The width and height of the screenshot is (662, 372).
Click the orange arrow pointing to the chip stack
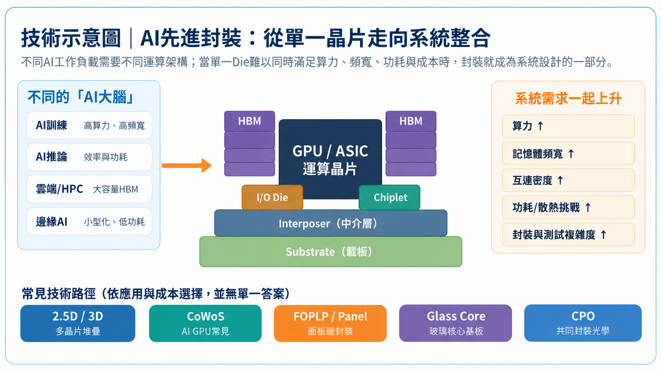tap(187, 165)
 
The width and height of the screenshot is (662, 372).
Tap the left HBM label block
tap(250, 121)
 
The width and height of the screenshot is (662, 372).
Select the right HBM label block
tap(411, 121)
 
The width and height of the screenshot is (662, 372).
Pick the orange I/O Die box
tap(272, 197)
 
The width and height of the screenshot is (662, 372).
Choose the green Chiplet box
tap(390, 197)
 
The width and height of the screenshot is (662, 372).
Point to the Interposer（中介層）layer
tap(331, 223)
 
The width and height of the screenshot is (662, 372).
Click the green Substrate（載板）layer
tap(331, 252)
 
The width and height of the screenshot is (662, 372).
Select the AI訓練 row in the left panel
tap(89, 125)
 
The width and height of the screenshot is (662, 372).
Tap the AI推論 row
tap(89, 157)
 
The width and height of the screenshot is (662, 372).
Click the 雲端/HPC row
tap(89, 189)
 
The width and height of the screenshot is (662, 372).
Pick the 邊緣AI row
tap(89, 222)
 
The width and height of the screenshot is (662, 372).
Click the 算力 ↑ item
tap(568, 126)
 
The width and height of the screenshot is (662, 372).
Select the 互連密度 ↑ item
tap(568, 180)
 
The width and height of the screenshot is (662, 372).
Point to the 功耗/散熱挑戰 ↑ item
tap(568, 207)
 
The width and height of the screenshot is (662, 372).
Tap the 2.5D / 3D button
tap(78, 323)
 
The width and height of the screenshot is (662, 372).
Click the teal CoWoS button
tap(205, 323)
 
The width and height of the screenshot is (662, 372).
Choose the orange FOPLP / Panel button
tap(331, 323)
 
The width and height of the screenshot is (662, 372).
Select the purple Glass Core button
tap(455, 323)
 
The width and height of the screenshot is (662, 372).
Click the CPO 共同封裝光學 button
tap(583, 323)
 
